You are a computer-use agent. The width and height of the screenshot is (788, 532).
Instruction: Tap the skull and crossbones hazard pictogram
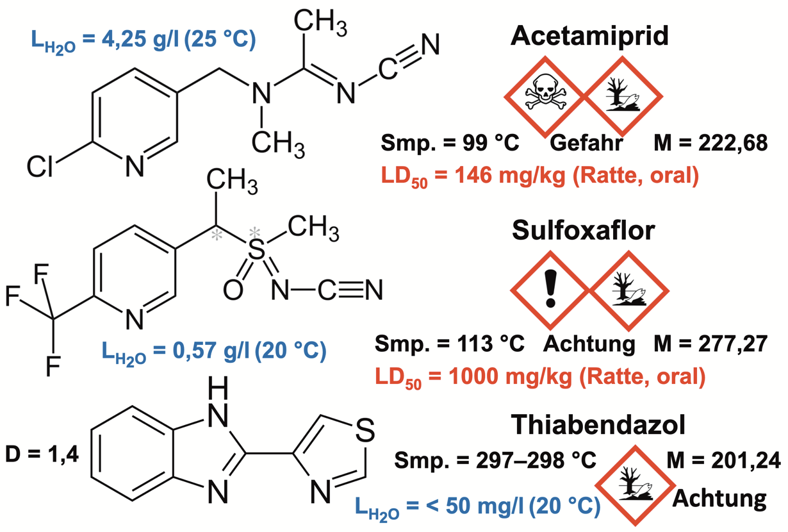pyautogui.click(x=543, y=95)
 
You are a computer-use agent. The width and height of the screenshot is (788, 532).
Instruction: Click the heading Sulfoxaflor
pyautogui.click(x=584, y=231)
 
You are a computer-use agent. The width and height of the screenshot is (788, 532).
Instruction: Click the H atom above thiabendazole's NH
pyautogui.click(x=220, y=387)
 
